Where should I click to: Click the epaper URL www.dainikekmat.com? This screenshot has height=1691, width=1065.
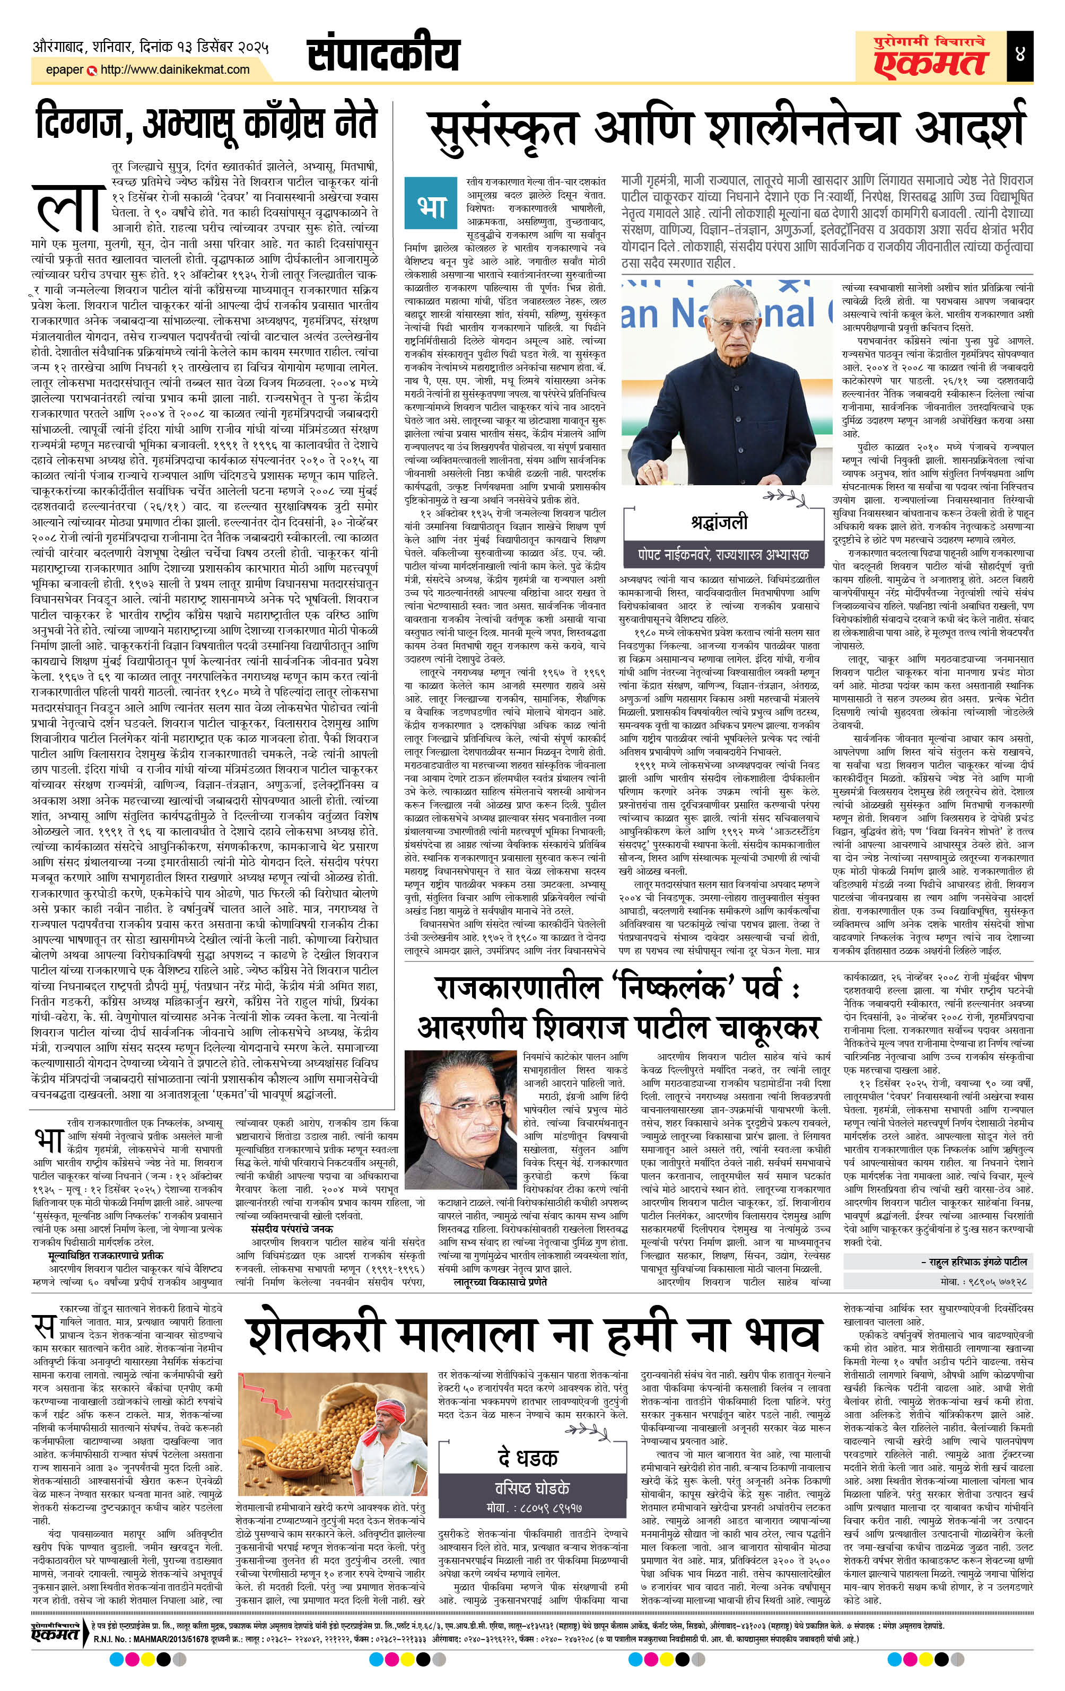pos(175,69)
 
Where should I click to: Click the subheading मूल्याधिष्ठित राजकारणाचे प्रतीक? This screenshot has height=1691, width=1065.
pos(107,1255)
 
